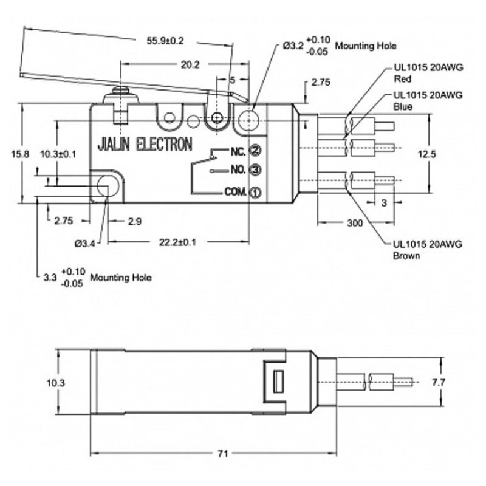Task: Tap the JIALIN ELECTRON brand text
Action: pyautogui.click(x=145, y=145)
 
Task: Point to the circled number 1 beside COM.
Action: pyautogui.click(x=256, y=193)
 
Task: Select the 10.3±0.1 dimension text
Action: pyautogui.click(x=58, y=154)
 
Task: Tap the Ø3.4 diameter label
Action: pyautogui.click(x=84, y=244)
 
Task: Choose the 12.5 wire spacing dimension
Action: pyautogui.click(x=428, y=154)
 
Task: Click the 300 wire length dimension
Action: pyautogui.click(x=355, y=223)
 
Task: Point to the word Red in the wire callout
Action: pyautogui.click(x=401, y=78)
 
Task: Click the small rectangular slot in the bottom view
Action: pyautogui.click(x=279, y=382)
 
